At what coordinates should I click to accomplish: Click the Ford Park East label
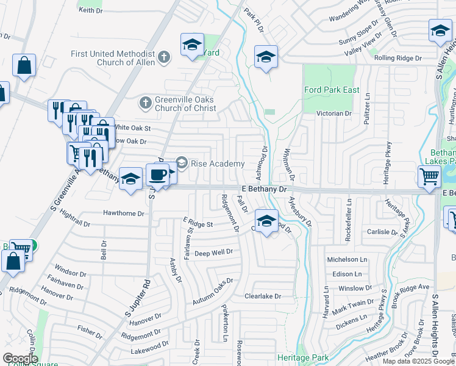[x=332, y=90]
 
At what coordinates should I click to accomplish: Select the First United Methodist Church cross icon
[x=163, y=57]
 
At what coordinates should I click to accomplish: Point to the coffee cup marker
[x=157, y=174]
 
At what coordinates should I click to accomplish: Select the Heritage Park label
[x=302, y=357]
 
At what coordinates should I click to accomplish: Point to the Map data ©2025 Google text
[x=418, y=361]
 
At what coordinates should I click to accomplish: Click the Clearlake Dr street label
[x=262, y=296]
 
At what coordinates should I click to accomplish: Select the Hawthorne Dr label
[x=123, y=213]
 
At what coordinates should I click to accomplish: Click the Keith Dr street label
[x=90, y=10]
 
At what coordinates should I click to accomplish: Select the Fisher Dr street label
[x=90, y=332]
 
